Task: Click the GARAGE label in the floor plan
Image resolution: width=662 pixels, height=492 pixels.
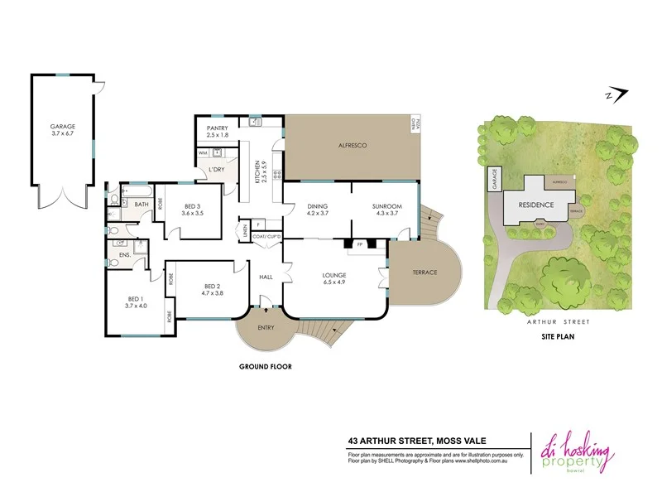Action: coord(62,127)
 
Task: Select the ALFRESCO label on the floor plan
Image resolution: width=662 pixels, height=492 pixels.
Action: coord(353,145)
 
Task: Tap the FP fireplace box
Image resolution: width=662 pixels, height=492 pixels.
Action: coord(360,245)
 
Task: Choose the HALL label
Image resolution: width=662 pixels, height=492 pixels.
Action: coord(266,277)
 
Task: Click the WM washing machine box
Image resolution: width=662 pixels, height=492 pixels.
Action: coord(203,153)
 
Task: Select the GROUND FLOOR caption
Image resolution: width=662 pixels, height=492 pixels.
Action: coord(266,366)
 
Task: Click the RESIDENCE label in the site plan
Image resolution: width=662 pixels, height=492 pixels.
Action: coord(535,204)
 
